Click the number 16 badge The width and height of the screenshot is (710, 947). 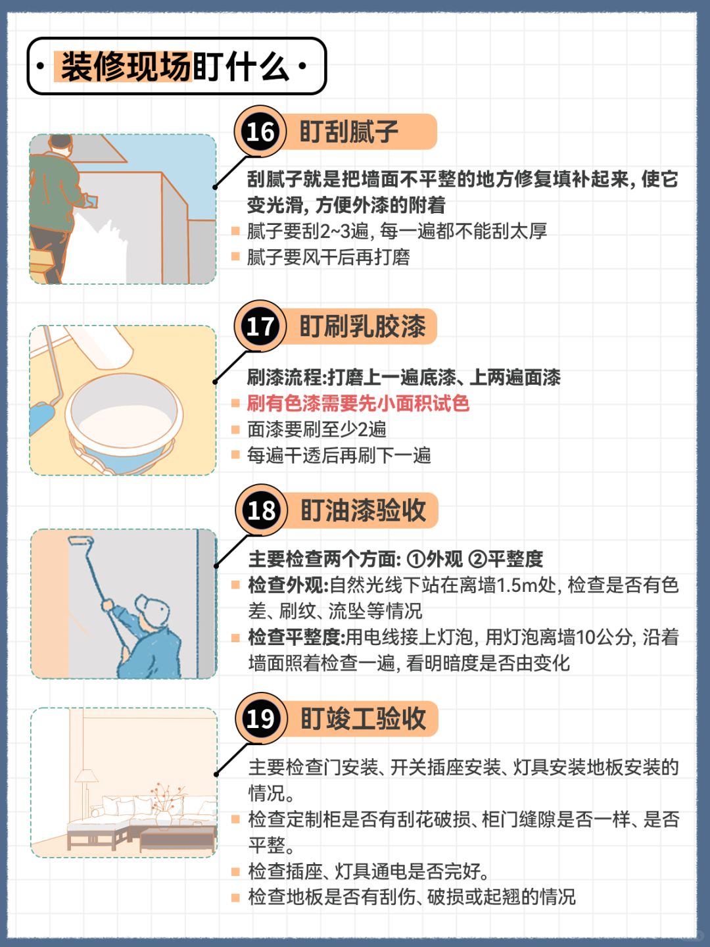click(260, 132)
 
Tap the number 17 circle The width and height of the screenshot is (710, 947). click(260, 326)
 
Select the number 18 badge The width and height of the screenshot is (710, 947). click(261, 510)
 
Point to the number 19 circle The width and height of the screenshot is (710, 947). click(261, 719)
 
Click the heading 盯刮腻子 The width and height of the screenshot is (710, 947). click(348, 132)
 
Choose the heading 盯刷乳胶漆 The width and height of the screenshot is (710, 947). click(362, 327)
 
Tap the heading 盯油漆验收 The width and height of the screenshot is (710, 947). click(363, 511)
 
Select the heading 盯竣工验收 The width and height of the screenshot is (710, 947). click(363, 719)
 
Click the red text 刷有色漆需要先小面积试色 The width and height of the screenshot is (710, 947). click(358, 404)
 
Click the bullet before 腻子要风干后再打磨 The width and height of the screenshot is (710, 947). click(235, 257)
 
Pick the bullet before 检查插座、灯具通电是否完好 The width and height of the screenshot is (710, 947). click(235, 871)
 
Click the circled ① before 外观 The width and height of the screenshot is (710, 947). click(416, 560)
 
